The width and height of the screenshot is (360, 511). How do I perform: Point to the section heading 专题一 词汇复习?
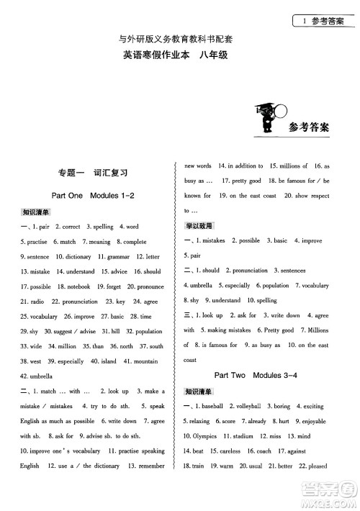(94, 173)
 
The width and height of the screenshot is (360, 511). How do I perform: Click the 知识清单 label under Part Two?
(197, 392)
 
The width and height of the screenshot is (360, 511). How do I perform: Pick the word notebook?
(78, 286)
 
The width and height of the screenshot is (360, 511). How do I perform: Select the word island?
(109, 361)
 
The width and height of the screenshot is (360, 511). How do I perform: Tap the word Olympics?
(206, 437)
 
